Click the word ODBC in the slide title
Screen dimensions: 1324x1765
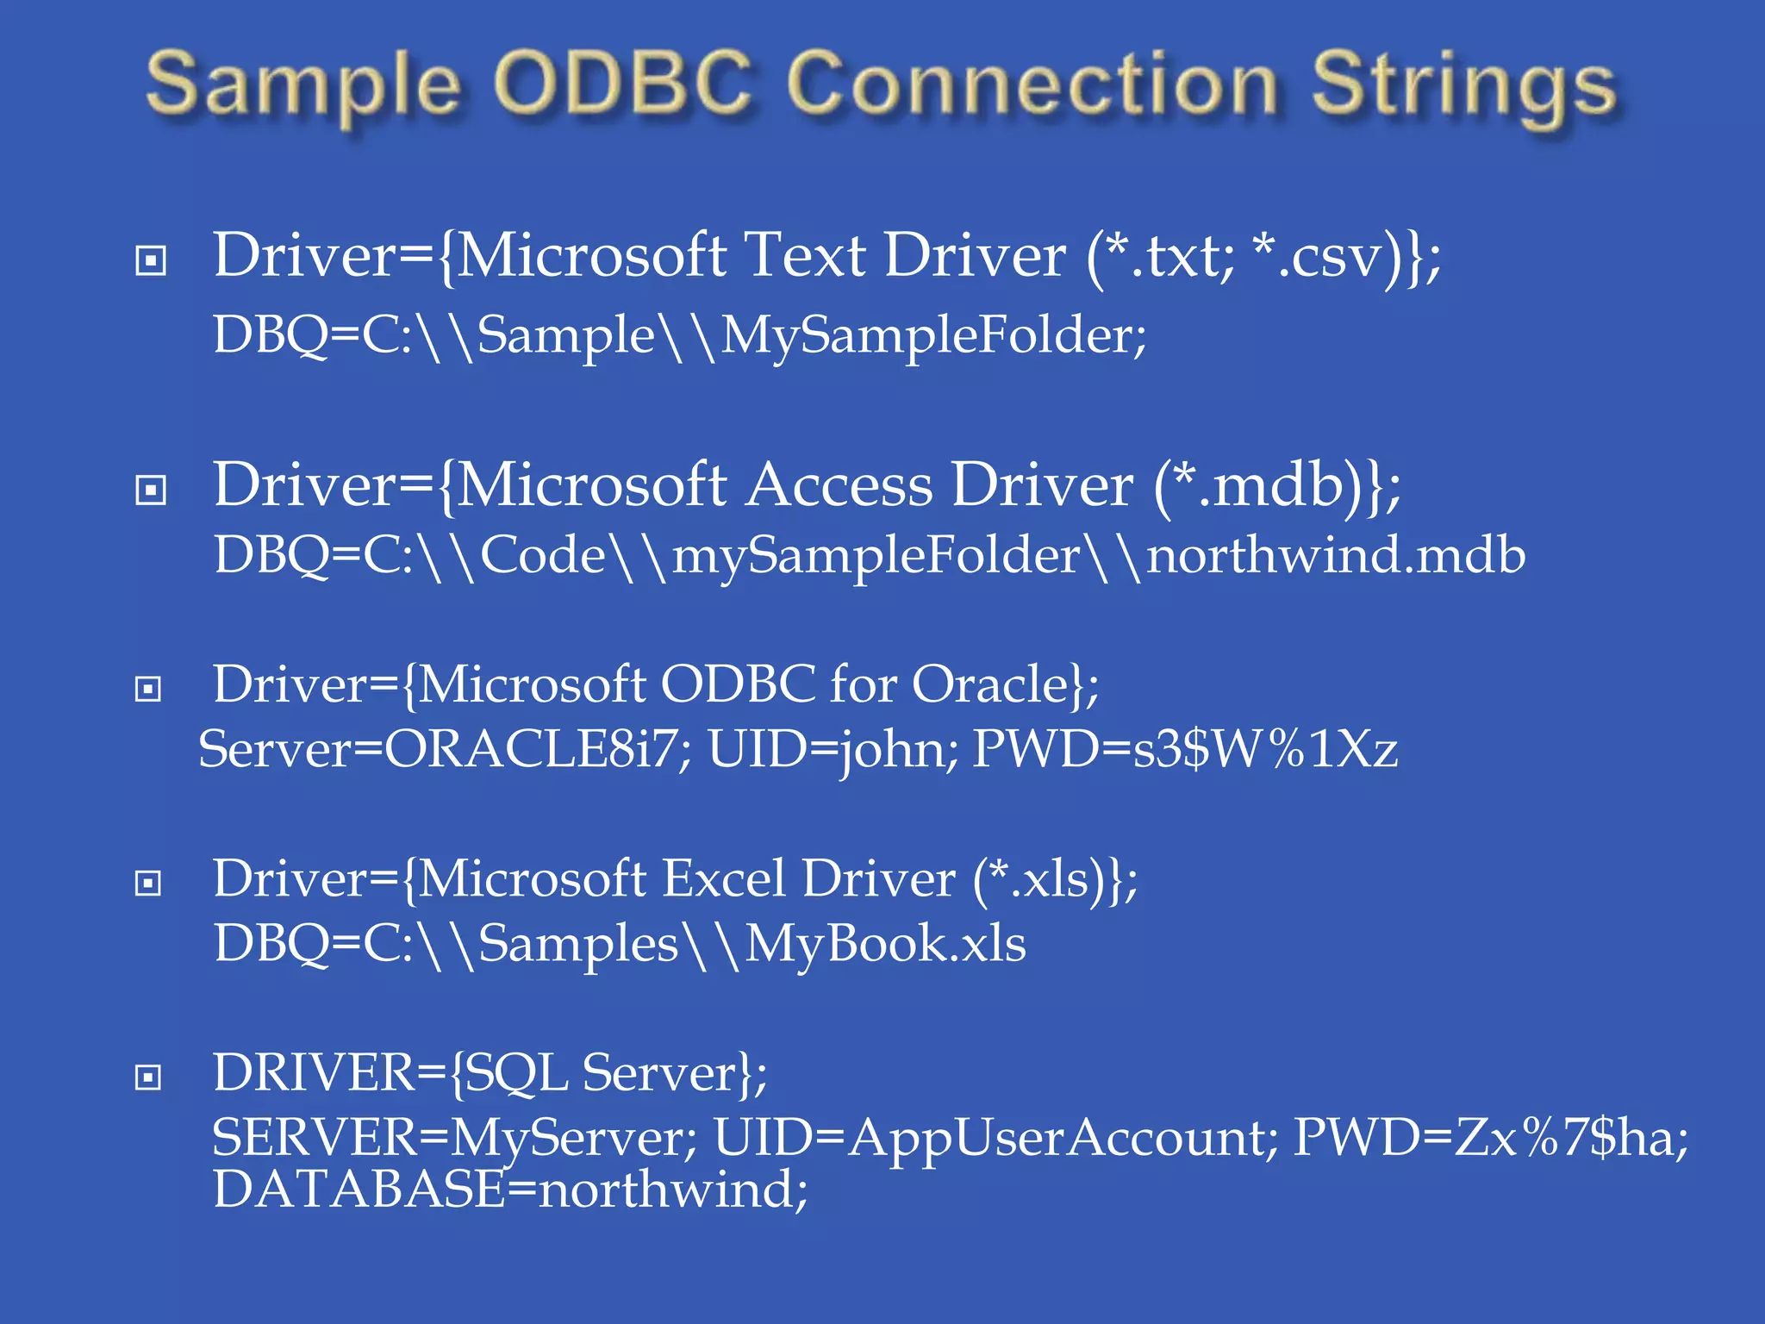pyautogui.click(x=622, y=84)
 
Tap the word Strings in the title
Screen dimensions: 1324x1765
pyautogui.click(x=1463, y=86)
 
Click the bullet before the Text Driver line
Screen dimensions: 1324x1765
pyautogui.click(x=151, y=260)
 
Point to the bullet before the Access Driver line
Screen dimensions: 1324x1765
pyautogui.click(x=151, y=490)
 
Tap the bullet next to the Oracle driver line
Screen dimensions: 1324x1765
pyautogui.click(x=149, y=689)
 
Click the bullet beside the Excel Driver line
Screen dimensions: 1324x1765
pyautogui.click(x=149, y=883)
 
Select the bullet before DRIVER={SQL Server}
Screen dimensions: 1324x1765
pyautogui.click(x=149, y=1077)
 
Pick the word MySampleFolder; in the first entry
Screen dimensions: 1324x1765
pyautogui.click(x=933, y=335)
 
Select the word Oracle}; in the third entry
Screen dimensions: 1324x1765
pyautogui.click(x=1005, y=684)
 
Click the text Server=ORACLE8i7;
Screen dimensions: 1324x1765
pyautogui.click(x=444, y=748)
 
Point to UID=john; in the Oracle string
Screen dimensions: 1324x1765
pyautogui.click(x=833, y=748)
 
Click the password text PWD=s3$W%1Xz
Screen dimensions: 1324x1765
pyautogui.click(x=1185, y=748)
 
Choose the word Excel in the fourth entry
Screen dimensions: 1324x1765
pyautogui.click(x=724, y=878)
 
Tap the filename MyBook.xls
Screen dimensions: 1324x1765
pyautogui.click(x=885, y=943)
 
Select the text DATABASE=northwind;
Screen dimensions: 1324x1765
pyautogui.click(x=510, y=1189)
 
